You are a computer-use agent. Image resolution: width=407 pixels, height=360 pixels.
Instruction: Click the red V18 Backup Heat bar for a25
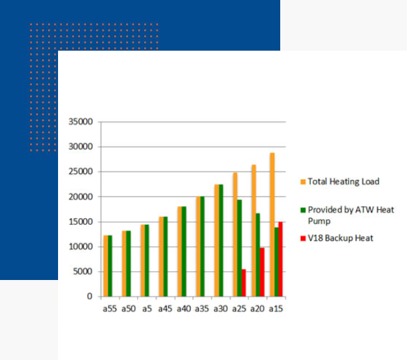coord(244,283)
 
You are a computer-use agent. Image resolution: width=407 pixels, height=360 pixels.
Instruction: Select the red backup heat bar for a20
coord(262,272)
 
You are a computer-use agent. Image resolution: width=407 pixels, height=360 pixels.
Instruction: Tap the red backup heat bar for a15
coord(281,259)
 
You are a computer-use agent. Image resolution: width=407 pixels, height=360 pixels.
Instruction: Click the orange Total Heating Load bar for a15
coord(272,225)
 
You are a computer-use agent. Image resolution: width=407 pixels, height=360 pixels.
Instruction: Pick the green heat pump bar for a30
coord(221,241)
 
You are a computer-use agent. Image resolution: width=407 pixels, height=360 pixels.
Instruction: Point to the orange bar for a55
coord(105,266)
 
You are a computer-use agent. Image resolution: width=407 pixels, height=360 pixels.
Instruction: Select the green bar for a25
coord(240,248)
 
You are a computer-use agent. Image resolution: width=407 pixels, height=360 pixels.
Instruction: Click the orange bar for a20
coord(254,231)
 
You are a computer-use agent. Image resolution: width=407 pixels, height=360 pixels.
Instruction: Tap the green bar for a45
coord(165,257)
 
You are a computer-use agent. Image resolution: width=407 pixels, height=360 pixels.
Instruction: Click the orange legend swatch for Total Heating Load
coord(303,182)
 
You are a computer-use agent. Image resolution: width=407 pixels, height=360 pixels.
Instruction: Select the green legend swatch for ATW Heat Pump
coord(303,210)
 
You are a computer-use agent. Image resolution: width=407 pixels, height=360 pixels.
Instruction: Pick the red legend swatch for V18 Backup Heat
coord(303,239)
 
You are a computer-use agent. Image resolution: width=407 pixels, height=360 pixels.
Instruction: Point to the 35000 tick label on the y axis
coord(81,121)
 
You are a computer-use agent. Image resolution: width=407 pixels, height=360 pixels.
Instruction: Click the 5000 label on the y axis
coord(83,271)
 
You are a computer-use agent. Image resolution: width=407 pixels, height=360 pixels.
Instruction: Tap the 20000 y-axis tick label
coord(81,197)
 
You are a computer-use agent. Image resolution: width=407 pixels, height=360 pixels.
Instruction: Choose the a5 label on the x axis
coord(147,309)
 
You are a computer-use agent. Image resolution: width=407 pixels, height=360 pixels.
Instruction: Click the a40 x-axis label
coord(183,309)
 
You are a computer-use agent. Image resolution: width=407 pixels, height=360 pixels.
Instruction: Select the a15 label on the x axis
coord(276,309)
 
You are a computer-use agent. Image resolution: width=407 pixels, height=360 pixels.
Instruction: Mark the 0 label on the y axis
coord(90,296)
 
